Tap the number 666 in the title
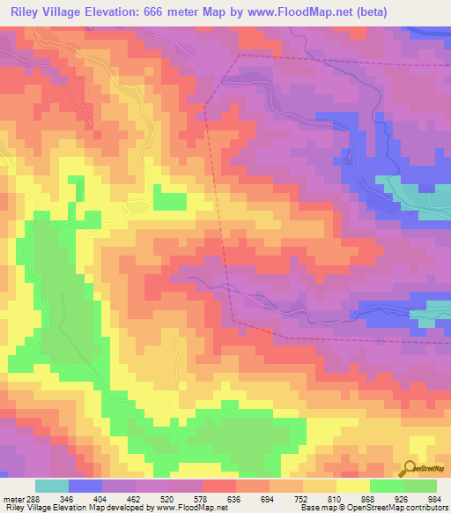coord(163,11)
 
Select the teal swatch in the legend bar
coord(52,487)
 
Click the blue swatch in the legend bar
coord(85,487)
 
